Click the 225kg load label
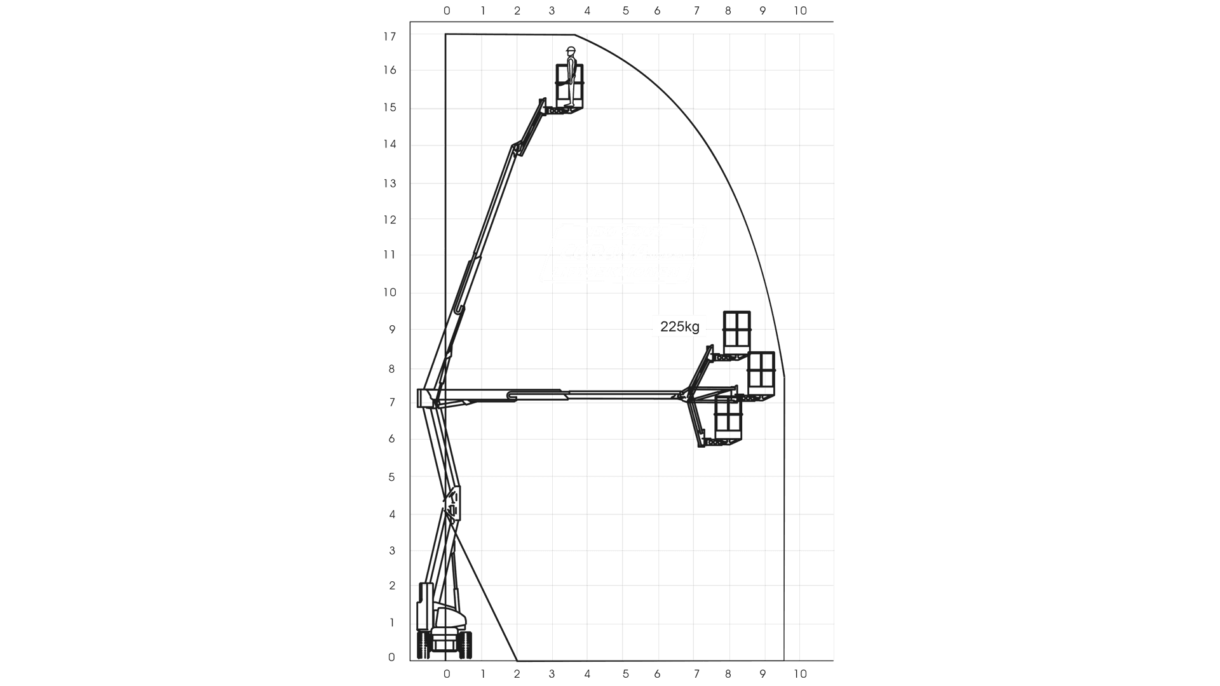pyautogui.click(x=679, y=326)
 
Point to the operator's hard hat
pyautogui.click(x=571, y=50)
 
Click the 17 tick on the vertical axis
pyautogui.click(x=390, y=37)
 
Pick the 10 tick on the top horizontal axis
pyautogui.click(x=800, y=11)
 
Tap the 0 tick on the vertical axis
pyautogui.click(x=391, y=657)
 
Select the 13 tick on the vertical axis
pyautogui.click(x=390, y=184)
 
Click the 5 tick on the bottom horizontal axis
pyautogui.click(x=626, y=673)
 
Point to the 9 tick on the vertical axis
pyautogui.click(x=392, y=330)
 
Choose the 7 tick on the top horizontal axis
pyautogui.click(x=696, y=11)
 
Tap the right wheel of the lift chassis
pyautogui.click(x=467, y=644)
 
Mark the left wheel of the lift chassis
pyautogui.click(x=423, y=644)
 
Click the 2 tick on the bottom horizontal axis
pyautogui.click(x=517, y=673)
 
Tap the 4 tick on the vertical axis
pyautogui.click(x=392, y=514)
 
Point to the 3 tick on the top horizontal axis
pyautogui.click(x=552, y=11)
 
